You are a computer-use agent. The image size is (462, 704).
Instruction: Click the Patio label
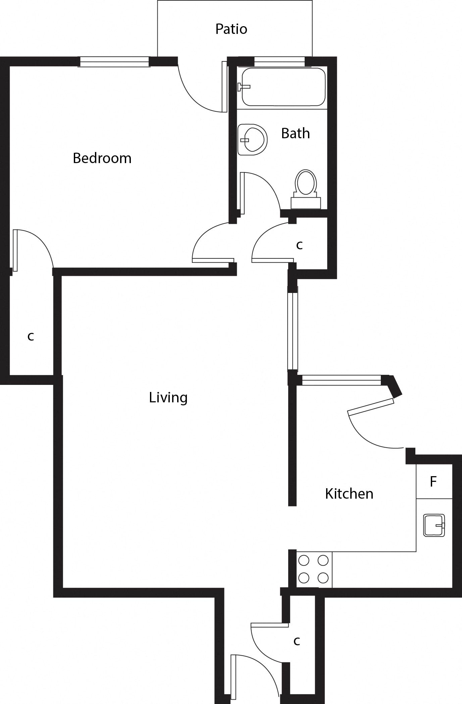(231, 29)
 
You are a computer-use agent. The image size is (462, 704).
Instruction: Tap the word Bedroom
(102, 158)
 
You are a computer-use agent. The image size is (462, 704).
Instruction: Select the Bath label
(295, 133)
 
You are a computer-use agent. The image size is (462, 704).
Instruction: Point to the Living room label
(168, 398)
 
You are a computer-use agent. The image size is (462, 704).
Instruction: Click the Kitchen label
(349, 494)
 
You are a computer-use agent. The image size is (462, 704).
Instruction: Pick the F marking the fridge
(433, 482)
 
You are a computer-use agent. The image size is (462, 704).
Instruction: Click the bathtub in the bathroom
(284, 87)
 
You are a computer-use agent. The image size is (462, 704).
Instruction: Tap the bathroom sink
(252, 140)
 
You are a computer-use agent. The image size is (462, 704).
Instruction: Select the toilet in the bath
(306, 189)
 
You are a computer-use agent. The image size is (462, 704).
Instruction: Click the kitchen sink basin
(434, 525)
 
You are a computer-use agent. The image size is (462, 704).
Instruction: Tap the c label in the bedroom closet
(31, 336)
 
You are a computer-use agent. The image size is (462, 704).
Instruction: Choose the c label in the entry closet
(297, 641)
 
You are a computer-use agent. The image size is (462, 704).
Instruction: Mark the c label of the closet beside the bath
(299, 245)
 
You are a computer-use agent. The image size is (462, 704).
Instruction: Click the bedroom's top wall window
(114, 62)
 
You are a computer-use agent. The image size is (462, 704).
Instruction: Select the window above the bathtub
(279, 62)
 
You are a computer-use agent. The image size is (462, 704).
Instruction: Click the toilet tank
(306, 203)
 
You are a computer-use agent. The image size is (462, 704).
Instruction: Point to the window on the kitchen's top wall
(342, 380)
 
